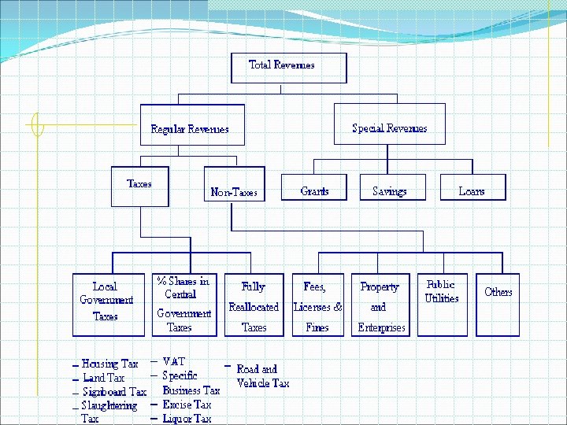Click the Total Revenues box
tap(288, 68)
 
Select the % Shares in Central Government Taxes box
tap(183, 304)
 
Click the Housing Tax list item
tap(109, 364)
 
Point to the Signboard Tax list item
tap(114, 392)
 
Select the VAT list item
tap(174, 361)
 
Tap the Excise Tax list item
tap(187, 405)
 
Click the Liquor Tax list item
tap(187, 419)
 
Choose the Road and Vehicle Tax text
tap(261, 376)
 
